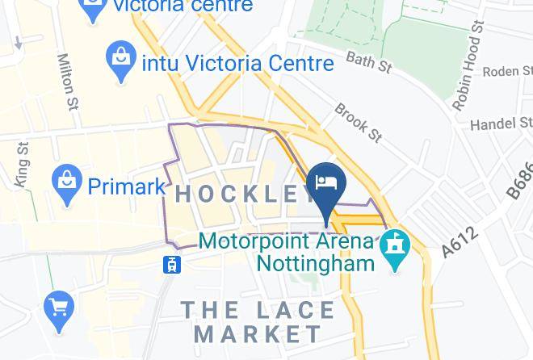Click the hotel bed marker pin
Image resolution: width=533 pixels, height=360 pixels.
327,182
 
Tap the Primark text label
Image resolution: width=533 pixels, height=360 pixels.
125,186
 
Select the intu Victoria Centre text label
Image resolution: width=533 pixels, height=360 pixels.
237,62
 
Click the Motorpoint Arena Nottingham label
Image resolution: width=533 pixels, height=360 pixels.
287,251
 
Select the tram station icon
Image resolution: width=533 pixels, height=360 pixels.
171,263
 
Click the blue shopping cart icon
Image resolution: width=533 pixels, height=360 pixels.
59,308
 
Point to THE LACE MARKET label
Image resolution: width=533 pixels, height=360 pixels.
258,321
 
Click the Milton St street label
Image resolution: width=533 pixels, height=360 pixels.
68,81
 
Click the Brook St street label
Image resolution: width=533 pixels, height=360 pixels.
358,122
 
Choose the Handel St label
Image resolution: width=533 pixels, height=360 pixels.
500,123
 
